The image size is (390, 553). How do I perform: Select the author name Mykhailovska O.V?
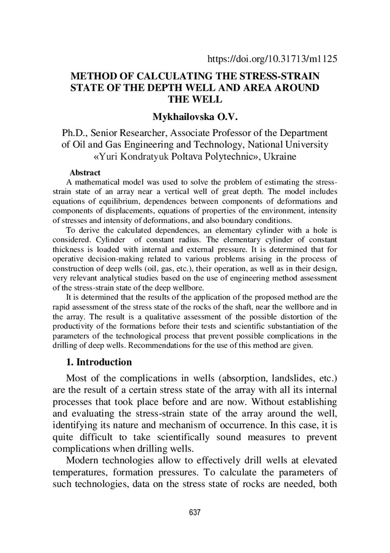[x=195, y=117]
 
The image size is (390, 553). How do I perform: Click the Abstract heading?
[x=85, y=173]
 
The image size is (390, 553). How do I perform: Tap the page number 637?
[x=195, y=512]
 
